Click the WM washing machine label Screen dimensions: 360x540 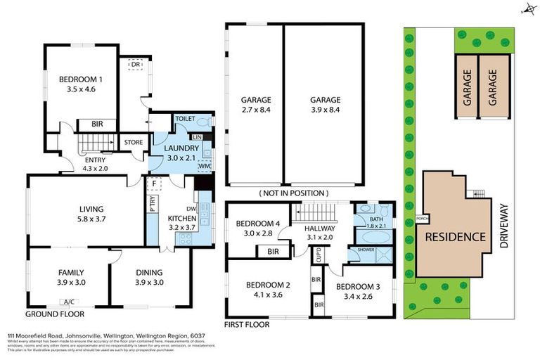(205, 165)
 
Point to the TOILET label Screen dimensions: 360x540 (185, 120)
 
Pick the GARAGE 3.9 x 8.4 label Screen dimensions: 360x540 (325, 105)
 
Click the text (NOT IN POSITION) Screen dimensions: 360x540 (293, 193)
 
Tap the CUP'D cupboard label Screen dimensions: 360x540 (318, 254)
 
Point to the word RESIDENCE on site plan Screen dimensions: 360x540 (454, 236)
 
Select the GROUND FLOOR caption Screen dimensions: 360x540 (51, 313)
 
